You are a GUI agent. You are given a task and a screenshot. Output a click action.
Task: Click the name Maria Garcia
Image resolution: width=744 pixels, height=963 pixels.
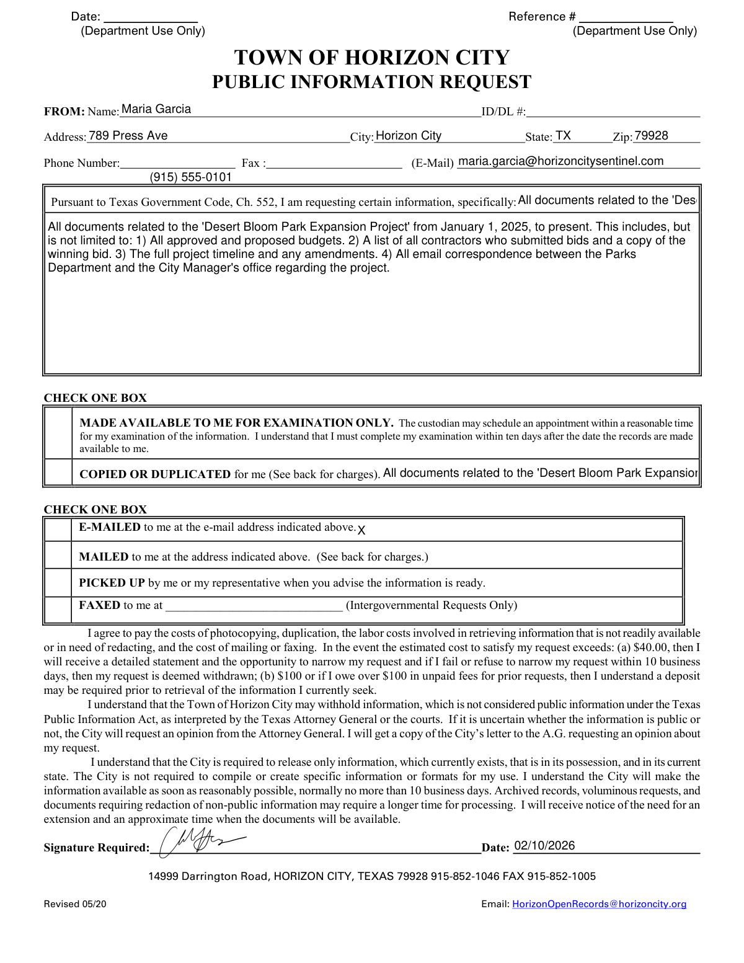point(156,109)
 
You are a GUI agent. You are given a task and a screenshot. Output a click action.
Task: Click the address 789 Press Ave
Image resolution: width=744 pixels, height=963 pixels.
point(128,136)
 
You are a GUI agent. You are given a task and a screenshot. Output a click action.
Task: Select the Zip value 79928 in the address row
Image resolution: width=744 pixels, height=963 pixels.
point(651,136)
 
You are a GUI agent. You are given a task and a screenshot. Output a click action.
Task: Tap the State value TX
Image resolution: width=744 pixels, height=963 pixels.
point(563,136)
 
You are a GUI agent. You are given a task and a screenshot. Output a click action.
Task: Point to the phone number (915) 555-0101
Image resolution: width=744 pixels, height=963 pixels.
point(191,177)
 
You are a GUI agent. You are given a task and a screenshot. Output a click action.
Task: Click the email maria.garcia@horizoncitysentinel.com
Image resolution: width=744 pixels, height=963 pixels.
point(560,161)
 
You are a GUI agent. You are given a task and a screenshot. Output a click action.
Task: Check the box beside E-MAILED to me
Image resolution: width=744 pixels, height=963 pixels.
point(59,529)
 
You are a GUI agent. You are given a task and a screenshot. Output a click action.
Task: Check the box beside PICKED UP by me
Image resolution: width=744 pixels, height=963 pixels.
point(59,583)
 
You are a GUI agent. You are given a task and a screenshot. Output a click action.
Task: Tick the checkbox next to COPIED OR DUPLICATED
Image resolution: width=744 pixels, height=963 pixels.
point(59,473)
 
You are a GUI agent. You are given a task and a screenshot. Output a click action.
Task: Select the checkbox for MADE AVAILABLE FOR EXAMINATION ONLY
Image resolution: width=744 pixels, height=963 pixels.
point(59,433)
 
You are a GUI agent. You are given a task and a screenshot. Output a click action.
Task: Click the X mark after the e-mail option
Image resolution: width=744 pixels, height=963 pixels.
point(361,530)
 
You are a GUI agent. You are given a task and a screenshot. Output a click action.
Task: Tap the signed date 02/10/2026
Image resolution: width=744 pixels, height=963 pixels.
point(544,846)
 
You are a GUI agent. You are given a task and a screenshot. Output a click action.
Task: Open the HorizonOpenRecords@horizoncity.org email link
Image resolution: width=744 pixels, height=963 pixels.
point(599,904)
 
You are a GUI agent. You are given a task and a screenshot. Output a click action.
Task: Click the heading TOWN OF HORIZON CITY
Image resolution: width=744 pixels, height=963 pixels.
point(371,58)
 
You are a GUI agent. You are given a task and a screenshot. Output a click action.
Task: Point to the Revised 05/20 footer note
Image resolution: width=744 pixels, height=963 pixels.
point(75,904)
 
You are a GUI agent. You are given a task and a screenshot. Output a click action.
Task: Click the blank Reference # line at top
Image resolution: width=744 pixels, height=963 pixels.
point(626,17)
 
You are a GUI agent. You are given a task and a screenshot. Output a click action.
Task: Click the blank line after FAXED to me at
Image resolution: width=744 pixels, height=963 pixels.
point(254,606)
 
